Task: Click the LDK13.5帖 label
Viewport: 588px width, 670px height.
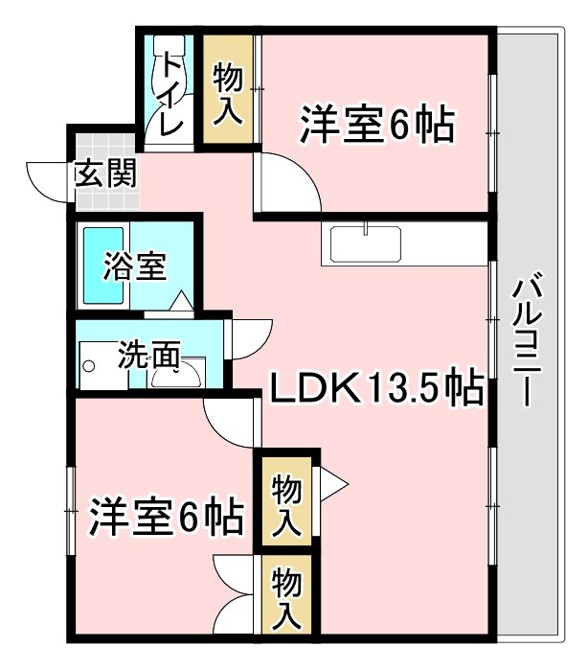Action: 374,388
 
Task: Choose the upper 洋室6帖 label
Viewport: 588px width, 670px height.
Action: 375,125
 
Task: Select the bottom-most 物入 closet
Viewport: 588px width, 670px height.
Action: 287,595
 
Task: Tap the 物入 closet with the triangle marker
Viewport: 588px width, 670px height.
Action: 287,504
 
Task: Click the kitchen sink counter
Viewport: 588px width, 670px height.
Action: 369,243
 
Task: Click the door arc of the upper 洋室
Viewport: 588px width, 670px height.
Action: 287,182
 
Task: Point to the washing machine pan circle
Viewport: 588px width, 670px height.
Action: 89,365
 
